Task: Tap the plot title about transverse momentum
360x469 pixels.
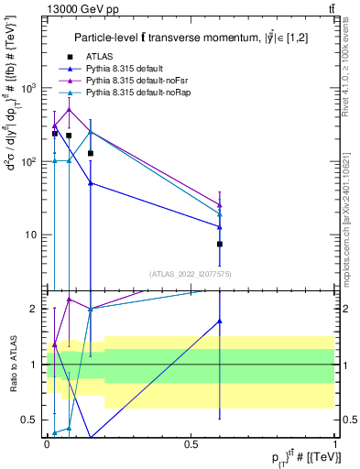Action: pyautogui.click(x=191, y=37)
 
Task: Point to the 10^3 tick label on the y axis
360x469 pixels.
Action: pyautogui.click(x=31, y=89)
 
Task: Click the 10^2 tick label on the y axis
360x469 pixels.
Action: pyautogui.click(x=31, y=162)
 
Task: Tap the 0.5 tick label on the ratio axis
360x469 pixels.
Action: pyautogui.click(x=30, y=420)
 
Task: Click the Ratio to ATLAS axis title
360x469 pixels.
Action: pyautogui.click(x=13, y=364)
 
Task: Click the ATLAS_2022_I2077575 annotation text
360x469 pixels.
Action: pyautogui.click(x=191, y=273)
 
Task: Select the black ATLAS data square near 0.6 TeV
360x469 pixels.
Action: pyautogui.click(x=220, y=245)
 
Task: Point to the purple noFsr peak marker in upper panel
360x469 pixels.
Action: pyautogui.click(x=69, y=109)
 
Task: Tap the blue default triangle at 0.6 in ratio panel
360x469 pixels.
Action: pyautogui.click(x=220, y=321)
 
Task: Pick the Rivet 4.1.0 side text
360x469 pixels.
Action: pyautogui.click(x=352, y=73)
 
